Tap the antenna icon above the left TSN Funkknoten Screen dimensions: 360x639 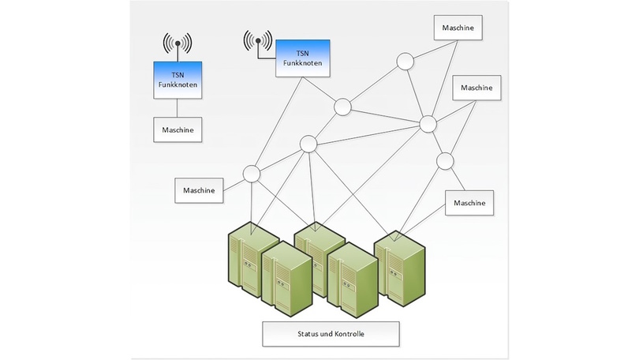177,44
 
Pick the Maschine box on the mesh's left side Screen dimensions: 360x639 199,190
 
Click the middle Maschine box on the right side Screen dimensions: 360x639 475,87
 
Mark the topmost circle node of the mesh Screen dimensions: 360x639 405,60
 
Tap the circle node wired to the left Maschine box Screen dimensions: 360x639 252,173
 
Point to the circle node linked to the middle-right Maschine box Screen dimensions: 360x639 428,123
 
